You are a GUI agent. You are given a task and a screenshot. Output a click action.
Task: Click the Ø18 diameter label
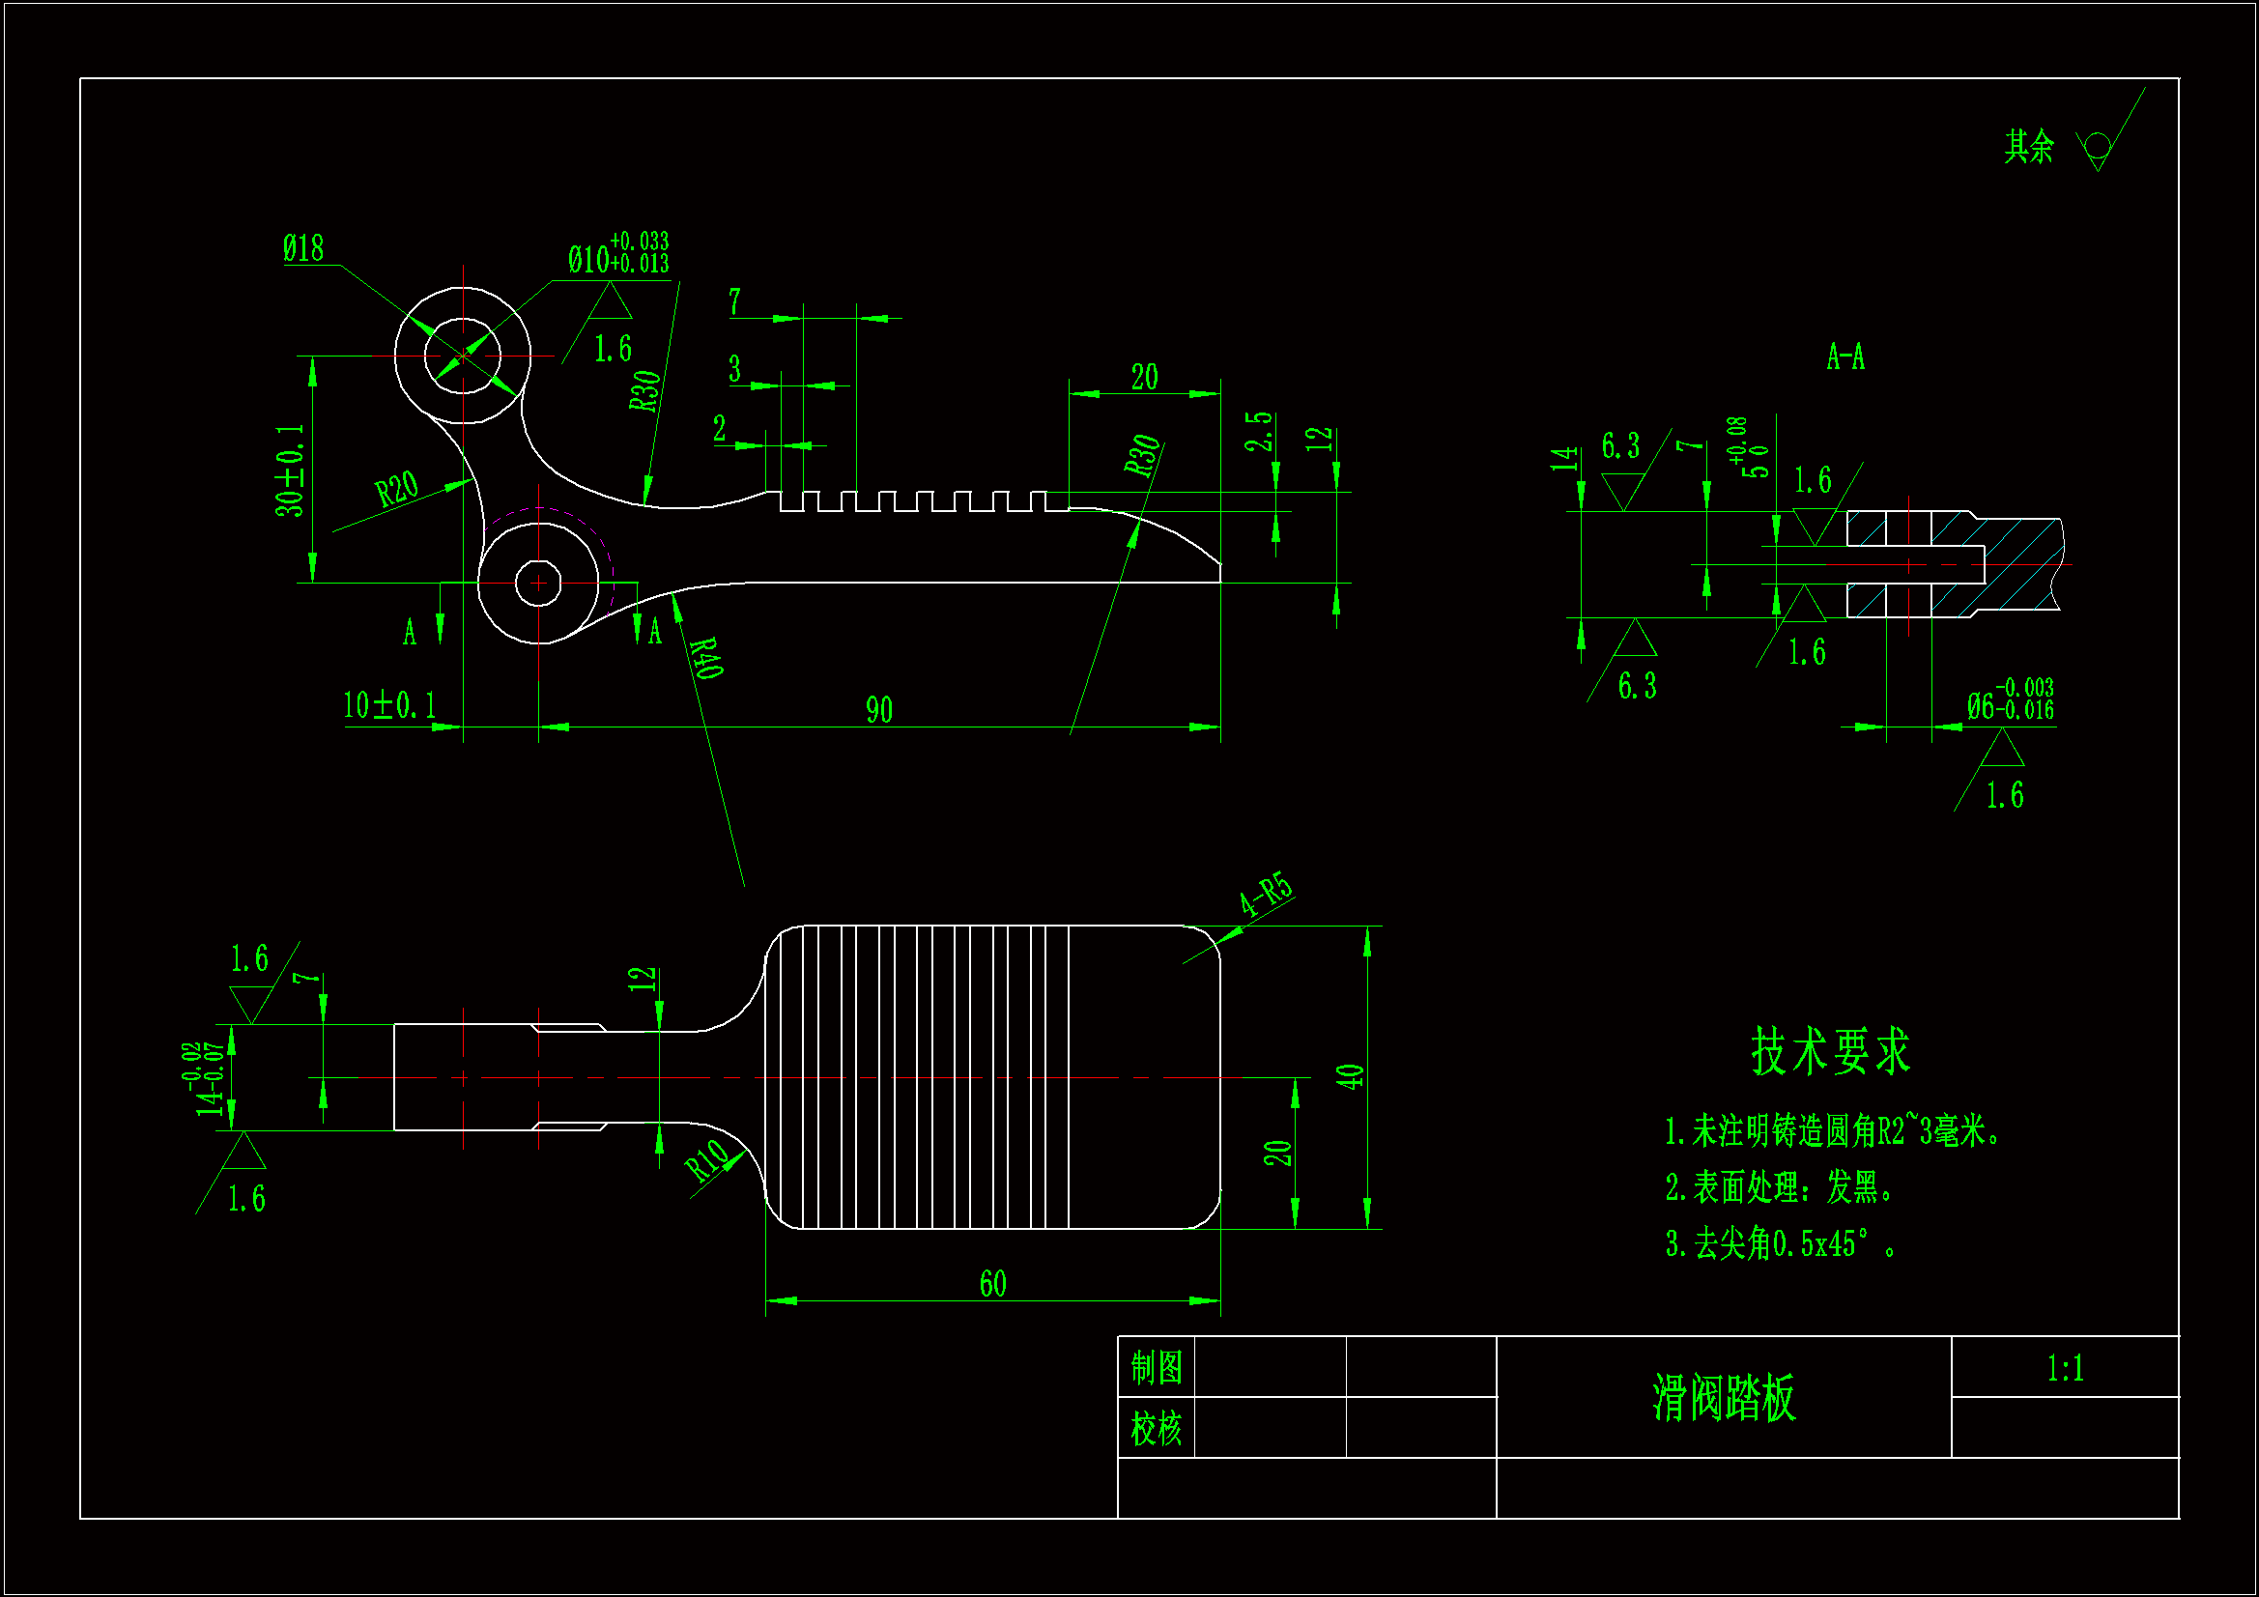pos(303,248)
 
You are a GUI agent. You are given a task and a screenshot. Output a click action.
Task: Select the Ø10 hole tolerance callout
pos(617,254)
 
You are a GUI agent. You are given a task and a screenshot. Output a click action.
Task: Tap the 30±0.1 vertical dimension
pos(290,471)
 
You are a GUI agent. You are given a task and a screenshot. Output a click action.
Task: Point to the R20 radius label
pos(396,488)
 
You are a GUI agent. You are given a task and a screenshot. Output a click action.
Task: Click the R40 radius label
pos(706,657)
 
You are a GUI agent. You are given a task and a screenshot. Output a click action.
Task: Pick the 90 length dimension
pos(878,709)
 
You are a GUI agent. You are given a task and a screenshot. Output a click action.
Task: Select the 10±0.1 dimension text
pos(388,704)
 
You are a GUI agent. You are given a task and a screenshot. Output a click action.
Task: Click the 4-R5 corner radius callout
pos(1266,894)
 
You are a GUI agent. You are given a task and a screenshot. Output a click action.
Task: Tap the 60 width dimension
pos(992,1283)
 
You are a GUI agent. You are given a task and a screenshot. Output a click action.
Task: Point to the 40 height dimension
pos(1350,1075)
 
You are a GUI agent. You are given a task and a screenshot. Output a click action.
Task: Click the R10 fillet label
pos(707,1161)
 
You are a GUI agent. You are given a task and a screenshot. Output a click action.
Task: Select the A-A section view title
pos(1844,356)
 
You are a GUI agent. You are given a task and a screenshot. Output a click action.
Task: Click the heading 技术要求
pos(1830,1050)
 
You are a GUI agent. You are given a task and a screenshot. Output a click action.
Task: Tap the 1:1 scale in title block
pos(2065,1368)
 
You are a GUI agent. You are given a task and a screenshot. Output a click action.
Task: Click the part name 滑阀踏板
pos(1724,1397)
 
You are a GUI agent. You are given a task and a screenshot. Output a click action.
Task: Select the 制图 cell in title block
pos(1156,1367)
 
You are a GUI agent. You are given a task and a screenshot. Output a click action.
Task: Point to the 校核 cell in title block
pos(1156,1428)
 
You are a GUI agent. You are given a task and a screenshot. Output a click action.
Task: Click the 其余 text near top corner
pos(2029,147)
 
